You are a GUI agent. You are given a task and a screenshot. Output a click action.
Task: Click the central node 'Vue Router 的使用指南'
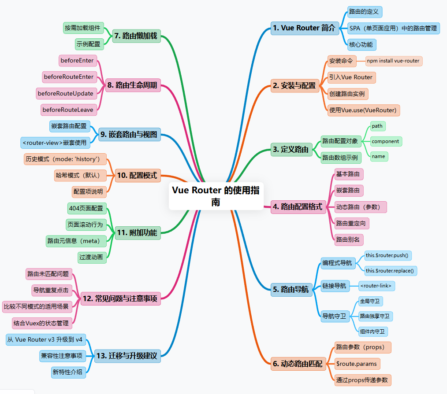pyautogui.click(x=216, y=196)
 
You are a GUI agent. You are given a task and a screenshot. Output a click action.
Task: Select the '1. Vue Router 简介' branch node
pyautogui.click(x=305, y=28)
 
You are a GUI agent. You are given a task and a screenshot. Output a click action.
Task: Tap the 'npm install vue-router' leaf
pyautogui.click(x=393, y=60)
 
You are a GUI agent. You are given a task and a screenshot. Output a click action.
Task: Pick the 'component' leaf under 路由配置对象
pyautogui.click(x=385, y=141)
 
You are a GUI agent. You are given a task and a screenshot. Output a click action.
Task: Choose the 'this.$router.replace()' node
pyautogui.click(x=391, y=270)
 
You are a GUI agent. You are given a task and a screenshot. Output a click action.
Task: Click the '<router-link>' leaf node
pyautogui.click(x=376, y=286)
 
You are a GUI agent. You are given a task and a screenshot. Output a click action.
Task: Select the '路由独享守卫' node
pyautogui.click(x=375, y=316)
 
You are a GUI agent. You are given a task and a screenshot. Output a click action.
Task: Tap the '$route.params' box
pyautogui.click(x=357, y=364)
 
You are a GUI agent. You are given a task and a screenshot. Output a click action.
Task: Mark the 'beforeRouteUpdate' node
pyautogui.click(x=65, y=93)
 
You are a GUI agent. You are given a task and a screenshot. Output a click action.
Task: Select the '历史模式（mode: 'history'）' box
pyautogui.click(x=65, y=159)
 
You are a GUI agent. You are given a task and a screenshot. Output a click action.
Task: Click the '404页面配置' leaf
pyautogui.click(x=86, y=208)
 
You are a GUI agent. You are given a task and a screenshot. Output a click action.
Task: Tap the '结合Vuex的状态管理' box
pyautogui.click(x=41, y=323)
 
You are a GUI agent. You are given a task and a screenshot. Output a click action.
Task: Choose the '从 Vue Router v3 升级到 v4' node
pyautogui.click(x=45, y=339)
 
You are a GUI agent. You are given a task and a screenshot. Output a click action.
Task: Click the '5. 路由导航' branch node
pyautogui.click(x=291, y=290)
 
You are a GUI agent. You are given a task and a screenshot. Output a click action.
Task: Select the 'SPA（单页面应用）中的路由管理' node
pyautogui.click(x=393, y=28)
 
